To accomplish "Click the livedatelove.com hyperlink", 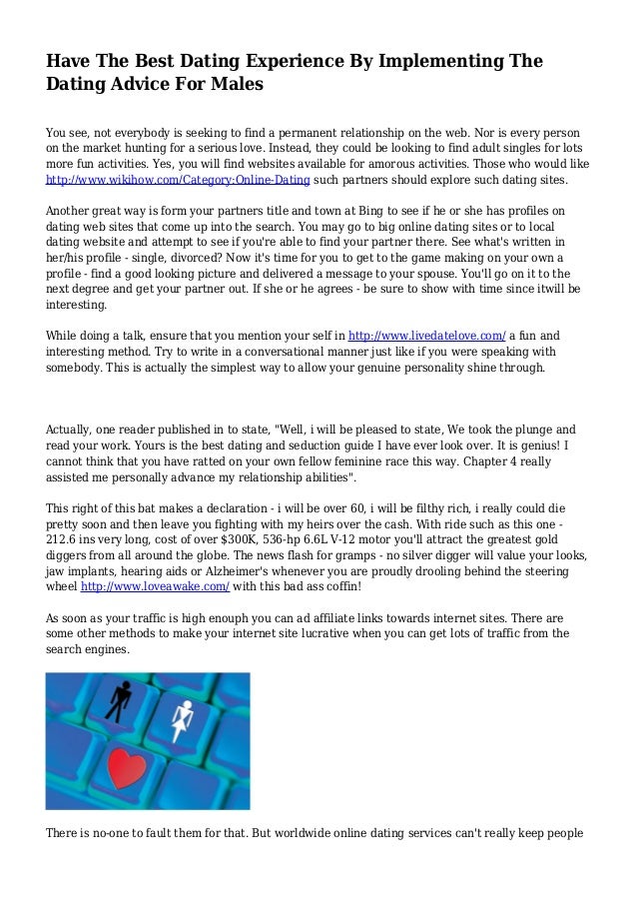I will coord(426,337).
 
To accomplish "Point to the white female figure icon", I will coord(182,720).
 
